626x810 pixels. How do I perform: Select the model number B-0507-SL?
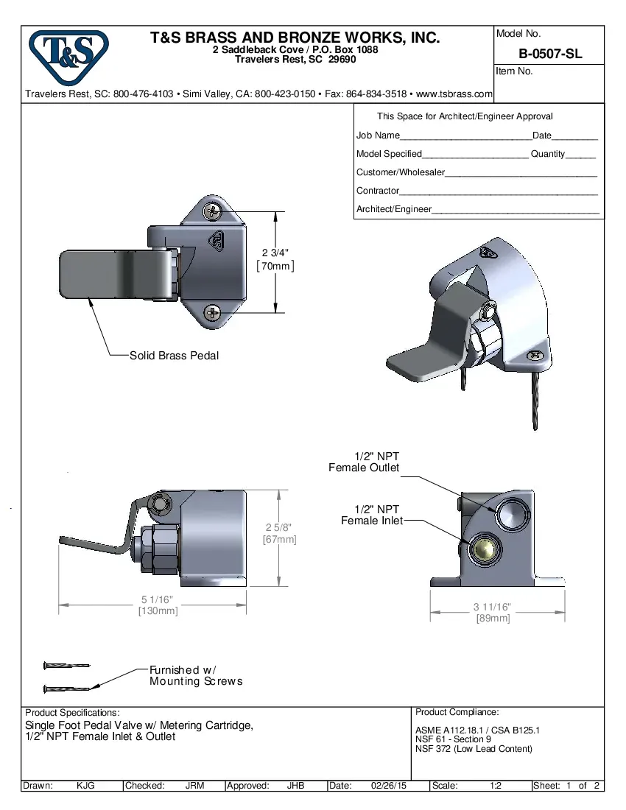549,54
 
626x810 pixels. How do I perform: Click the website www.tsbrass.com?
454,94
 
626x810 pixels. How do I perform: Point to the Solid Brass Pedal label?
174,356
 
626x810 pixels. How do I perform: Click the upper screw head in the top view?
213,212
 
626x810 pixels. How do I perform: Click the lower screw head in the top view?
213,312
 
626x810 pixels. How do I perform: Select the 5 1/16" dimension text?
158,599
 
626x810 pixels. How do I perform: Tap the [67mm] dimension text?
280,540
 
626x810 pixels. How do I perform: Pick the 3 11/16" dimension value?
492,607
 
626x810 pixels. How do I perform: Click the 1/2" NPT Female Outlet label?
364,462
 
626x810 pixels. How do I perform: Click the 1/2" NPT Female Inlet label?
372,515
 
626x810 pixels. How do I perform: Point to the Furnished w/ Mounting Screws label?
195,675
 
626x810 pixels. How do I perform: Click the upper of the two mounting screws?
67,665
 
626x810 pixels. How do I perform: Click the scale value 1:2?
496,786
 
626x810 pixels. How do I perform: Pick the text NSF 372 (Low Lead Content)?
474,749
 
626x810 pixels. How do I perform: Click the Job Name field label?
378,135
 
